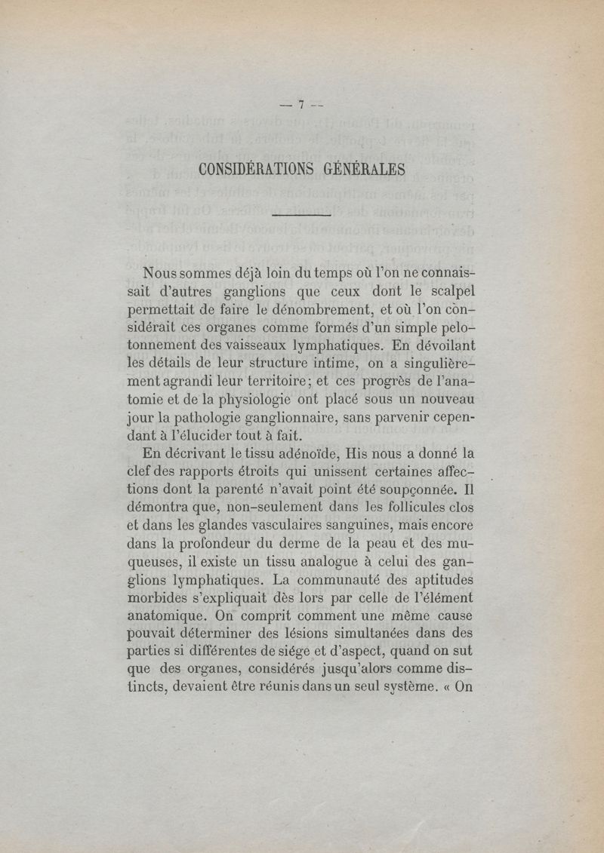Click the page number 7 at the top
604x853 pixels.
pyautogui.click(x=300, y=106)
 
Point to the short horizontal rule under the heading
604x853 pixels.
pyautogui.click(x=301, y=216)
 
